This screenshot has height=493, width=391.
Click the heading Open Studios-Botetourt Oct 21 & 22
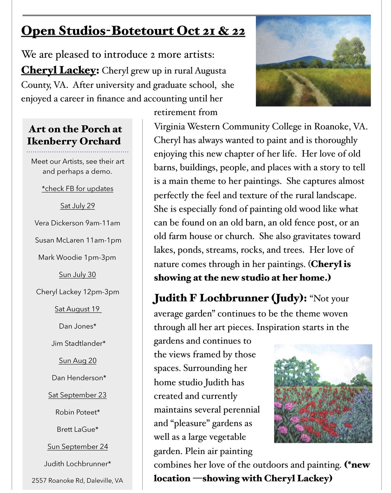point(133,31)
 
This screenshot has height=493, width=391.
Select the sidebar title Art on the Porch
point(75,135)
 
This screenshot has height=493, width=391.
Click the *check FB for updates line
point(78,189)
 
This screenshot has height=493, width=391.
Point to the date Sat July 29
point(78,206)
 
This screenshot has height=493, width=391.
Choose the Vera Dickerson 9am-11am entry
point(77,223)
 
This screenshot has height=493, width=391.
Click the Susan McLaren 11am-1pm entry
point(78,240)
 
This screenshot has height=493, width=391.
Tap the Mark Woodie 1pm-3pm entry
point(77,257)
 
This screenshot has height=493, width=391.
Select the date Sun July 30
point(77,274)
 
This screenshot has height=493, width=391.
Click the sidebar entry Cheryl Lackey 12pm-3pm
point(78,292)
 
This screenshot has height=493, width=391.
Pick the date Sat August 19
point(77,309)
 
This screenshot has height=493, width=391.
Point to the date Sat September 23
point(77,395)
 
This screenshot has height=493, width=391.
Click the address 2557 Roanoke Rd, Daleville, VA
point(77,481)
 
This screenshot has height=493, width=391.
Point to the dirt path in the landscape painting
point(301,89)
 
